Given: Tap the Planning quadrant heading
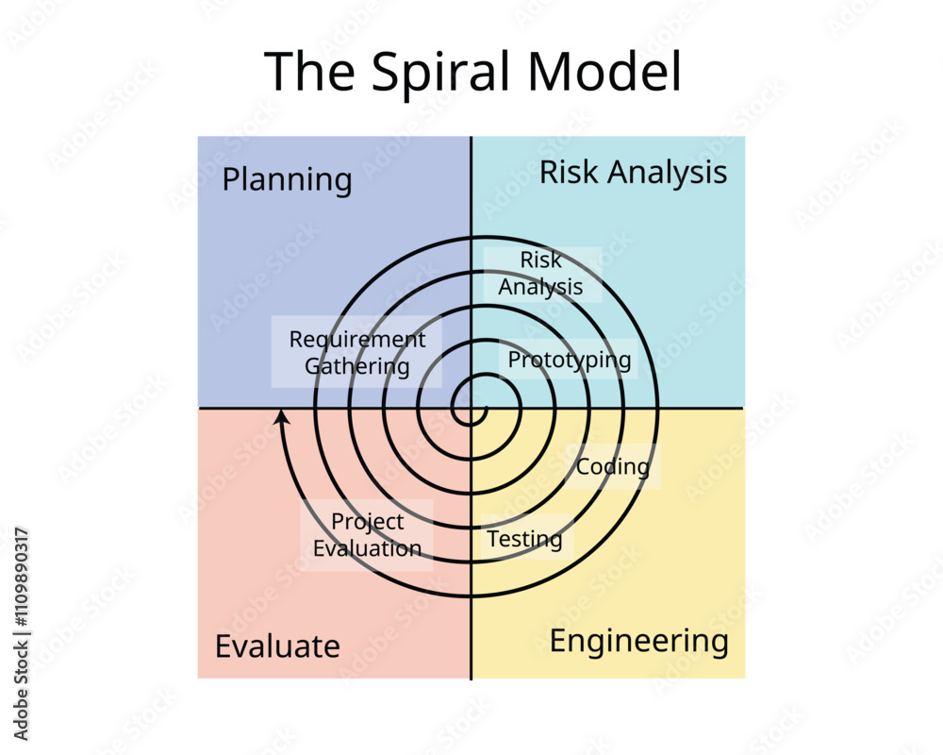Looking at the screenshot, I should tap(287, 179).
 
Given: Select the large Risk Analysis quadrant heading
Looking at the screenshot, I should tap(633, 173).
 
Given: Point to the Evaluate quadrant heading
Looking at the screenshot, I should tap(277, 646).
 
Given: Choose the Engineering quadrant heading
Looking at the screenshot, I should tap(638, 642).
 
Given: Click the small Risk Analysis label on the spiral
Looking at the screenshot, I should tap(541, 274).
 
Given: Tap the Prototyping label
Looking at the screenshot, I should tap(570, 360).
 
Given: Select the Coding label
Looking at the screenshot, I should tap(613, 466).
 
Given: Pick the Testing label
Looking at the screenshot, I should tap(524, 539).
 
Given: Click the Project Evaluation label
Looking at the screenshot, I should tap(367, 535).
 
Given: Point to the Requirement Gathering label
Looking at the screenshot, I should tap(356, 353).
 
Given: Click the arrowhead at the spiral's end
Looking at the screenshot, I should tap(281, 416).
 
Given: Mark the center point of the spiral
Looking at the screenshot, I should tap(471, 409).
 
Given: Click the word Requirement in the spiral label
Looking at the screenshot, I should tap(356, 340).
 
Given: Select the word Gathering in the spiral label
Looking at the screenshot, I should tap(356, 366).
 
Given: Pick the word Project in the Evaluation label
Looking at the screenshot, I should tap(367, 522).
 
